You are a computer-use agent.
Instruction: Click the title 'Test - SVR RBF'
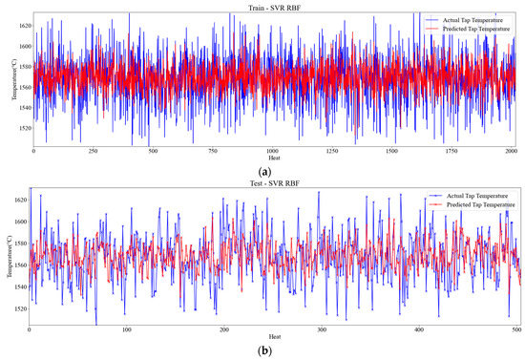coord(276,183)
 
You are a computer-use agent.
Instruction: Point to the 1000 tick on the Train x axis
coord(273,150)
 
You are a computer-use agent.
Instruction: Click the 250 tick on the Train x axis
coord(93,150)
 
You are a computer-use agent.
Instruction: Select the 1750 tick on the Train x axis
coord(453,150)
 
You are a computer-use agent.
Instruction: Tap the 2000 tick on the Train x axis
coord(513,150)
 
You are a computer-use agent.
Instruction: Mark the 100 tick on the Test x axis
coord(127,330)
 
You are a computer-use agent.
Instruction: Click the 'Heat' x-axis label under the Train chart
coord(274,158)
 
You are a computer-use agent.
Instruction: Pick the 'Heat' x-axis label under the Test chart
coord(275,337)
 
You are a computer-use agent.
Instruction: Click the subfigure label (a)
coord(275,171)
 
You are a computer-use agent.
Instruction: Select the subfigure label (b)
coord(275,351)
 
